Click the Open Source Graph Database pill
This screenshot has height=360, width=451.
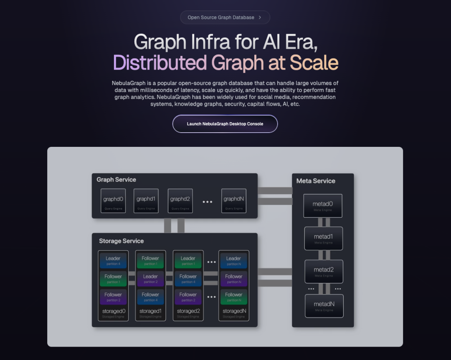point(225,18)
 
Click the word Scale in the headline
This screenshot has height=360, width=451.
point(314,63)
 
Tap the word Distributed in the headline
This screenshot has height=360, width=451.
point(160,63)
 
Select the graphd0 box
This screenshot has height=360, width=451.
point(113,201)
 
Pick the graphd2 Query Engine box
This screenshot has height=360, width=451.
point(180,201)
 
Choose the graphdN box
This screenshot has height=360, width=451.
point(233,201)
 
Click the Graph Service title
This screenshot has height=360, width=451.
point(117,179)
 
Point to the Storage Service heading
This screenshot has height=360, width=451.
point(121,241)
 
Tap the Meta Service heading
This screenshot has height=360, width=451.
point(316,181)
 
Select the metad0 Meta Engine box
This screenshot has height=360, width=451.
point(323,205)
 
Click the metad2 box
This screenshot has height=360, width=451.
point(324,272)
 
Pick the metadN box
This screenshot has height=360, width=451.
point(324,306)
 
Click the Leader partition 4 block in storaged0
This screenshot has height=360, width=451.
point(113,261)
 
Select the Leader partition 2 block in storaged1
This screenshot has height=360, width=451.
point(150,279)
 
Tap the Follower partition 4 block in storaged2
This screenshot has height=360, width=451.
point(188,279)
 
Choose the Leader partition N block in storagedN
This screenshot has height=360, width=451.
point(233,261)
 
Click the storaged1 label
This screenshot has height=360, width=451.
point(150,311)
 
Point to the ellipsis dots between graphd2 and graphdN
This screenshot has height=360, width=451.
point(208,202)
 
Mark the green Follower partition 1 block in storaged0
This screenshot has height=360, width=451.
point(113,279)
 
